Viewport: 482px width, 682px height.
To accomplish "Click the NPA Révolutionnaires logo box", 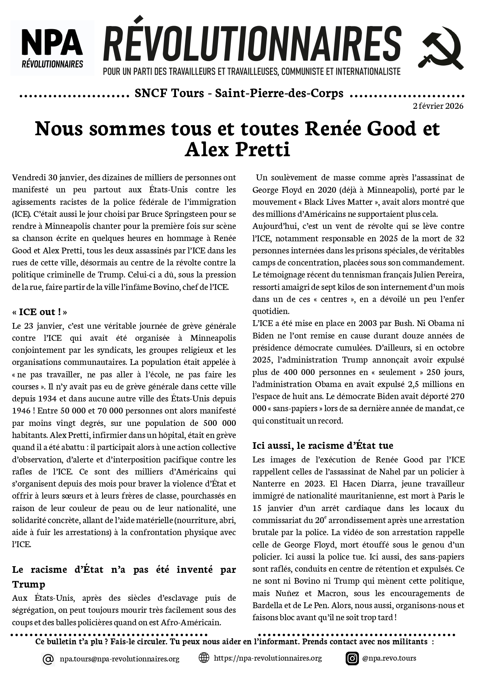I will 52,47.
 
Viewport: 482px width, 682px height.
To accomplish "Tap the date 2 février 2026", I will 438,106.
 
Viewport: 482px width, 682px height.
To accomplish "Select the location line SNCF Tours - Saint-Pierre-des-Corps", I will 239,93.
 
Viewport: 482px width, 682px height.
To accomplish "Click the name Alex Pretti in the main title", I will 237,150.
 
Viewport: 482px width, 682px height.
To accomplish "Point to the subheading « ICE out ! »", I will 40,312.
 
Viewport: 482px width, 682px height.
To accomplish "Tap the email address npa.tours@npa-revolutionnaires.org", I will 119,659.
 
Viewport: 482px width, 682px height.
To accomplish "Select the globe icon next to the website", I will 204,658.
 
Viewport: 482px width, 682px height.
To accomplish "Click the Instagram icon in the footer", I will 352,658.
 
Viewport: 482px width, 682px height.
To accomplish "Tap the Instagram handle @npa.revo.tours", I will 389,658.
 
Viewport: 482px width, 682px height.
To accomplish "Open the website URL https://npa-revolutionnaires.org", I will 268,658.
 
